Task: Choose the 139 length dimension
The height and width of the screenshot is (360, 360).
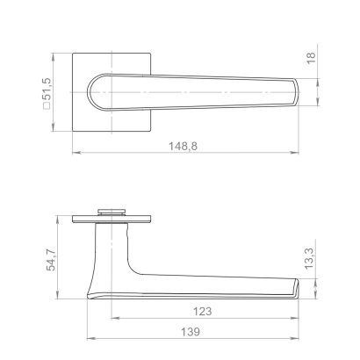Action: coord(191,334)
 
